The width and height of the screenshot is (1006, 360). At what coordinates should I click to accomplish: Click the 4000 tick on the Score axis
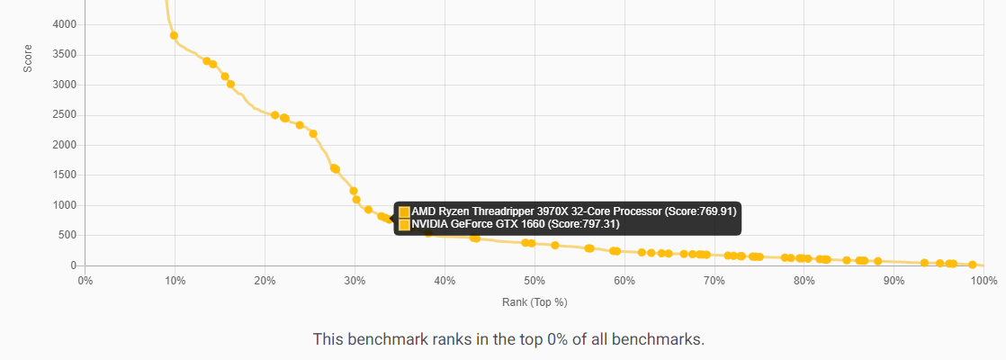[65, 24]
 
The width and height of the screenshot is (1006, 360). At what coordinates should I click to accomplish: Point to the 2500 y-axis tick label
[65, 115]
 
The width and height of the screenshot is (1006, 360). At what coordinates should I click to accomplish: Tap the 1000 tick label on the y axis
[65, 205]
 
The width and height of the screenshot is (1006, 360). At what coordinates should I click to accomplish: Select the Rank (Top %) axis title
[534, 301]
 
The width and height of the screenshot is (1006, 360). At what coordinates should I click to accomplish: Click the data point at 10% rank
[174, 36]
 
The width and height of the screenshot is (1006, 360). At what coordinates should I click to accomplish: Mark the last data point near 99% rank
[972, 265]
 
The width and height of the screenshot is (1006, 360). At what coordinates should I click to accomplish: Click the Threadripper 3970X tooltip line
[573, 211]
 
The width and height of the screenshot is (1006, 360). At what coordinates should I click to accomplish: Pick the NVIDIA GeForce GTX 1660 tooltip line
[515, 224]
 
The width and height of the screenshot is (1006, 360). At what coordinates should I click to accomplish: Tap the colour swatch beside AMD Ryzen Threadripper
[404, 211]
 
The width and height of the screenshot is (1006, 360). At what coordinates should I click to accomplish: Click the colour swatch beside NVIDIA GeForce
[404, 224]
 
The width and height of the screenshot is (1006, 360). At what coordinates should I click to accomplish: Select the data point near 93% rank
[924, 263]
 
